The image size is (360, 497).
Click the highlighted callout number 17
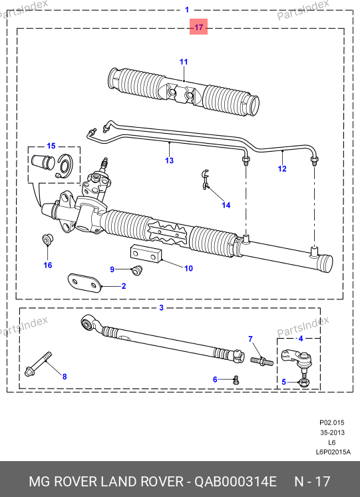(x=198, y=27)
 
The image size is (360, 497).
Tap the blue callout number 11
(x=184, y=62)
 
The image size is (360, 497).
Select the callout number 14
(x=226, y=205)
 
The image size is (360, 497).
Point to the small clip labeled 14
(x=206, y=180)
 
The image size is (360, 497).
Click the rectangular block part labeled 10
(x=146, y=254)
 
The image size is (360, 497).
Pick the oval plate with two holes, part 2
(x=85, y=282)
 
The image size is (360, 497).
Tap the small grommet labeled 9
(x=137, y=270)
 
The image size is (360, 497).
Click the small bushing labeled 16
(x=47, y=240)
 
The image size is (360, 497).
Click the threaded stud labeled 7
(x=262, y=361)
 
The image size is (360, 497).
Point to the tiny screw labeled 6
(x=236, y=379)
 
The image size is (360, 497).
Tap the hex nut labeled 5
(x=303, y=383)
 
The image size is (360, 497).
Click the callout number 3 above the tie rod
(x=161, y=307)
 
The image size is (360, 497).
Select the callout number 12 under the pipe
(x=282, y=168)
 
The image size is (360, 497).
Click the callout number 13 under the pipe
(x=169, y=160)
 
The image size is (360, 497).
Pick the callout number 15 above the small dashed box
(x=51, y=146)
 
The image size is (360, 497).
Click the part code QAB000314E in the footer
(x=236, y=482)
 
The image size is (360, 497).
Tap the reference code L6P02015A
(x=333, y=452)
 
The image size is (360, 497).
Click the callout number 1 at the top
(x=187, y=10)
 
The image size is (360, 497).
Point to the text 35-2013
(x=332, y=432)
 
